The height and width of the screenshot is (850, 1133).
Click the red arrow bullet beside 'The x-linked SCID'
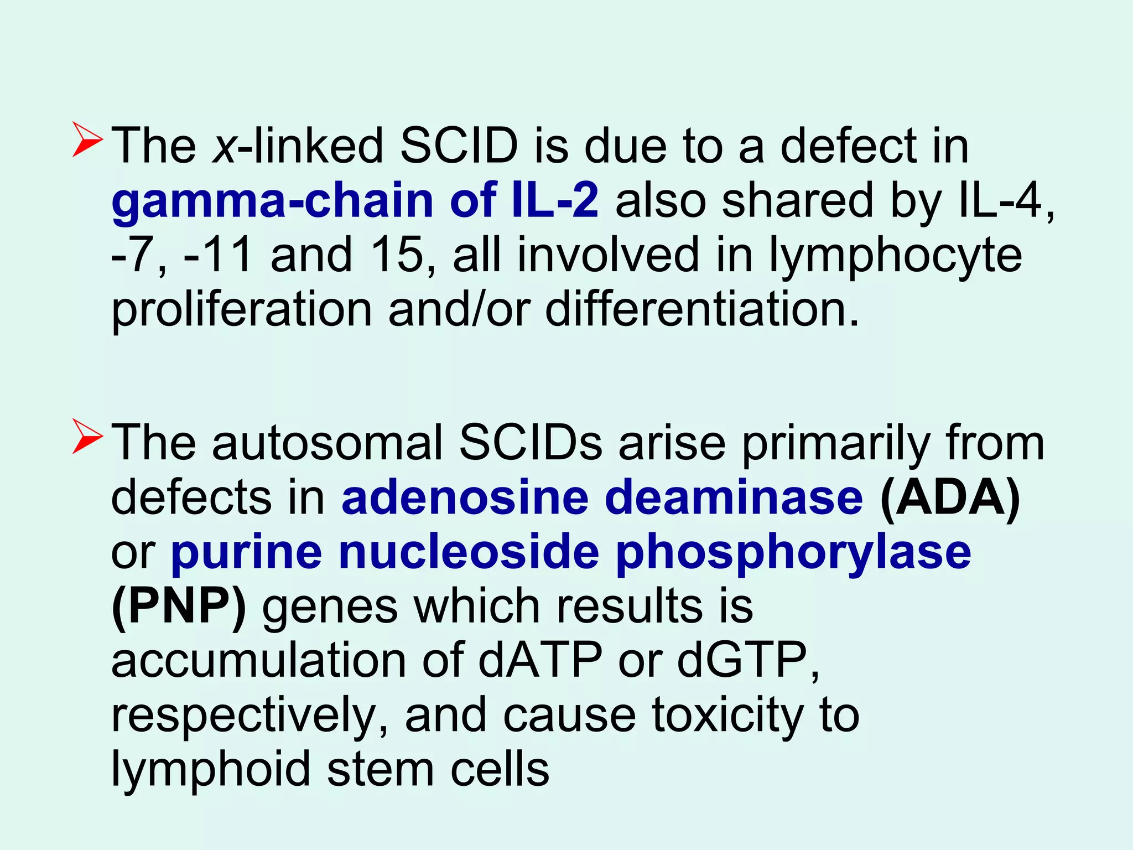click(87, 141)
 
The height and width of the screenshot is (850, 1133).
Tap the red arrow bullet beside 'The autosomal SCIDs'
click(87, 437)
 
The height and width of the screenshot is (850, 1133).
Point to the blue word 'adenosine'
click(465, 497)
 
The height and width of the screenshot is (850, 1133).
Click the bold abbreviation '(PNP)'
click(179, 607)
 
